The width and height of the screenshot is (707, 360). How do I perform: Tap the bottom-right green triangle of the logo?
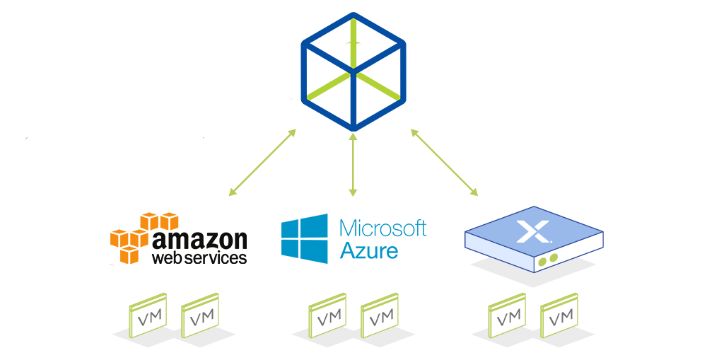click(x=382, y=85)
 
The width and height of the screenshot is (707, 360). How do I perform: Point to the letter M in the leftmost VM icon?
click(x=155, y=314)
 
